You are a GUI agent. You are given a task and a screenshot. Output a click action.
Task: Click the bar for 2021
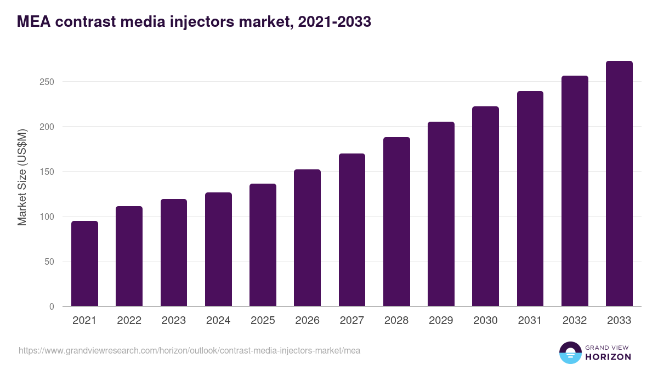84,264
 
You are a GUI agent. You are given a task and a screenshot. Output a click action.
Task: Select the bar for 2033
619,184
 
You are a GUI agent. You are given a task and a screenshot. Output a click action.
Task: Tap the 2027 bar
352,230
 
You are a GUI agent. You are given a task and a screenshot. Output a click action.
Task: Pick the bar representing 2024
218,249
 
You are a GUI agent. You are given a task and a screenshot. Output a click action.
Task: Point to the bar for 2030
485,206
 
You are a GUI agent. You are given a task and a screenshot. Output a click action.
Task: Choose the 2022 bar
129,256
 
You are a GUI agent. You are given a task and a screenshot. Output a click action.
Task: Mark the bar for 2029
441,214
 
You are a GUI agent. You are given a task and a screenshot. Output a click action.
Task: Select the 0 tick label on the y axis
52,306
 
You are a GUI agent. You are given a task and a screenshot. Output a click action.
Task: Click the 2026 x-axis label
307,321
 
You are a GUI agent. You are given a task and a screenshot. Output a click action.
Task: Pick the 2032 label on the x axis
575,321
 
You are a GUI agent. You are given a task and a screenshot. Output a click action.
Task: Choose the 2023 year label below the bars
173,321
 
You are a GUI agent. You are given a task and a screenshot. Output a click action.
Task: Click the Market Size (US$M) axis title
22,178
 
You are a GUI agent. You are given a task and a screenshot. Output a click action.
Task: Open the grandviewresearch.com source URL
189,350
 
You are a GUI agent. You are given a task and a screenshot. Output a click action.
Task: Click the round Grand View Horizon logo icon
570,352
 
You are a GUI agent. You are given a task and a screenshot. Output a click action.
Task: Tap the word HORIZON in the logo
608,357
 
